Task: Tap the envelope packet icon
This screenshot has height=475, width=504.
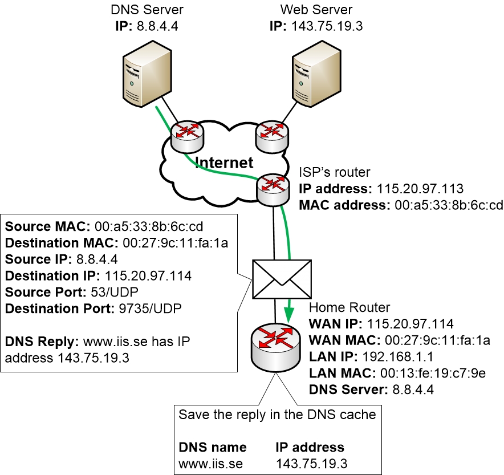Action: (282, 280)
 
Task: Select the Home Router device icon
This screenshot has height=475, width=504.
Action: (274, 348)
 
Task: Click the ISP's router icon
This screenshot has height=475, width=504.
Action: (273, 188)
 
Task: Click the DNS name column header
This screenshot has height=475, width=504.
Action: (213, 447)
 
